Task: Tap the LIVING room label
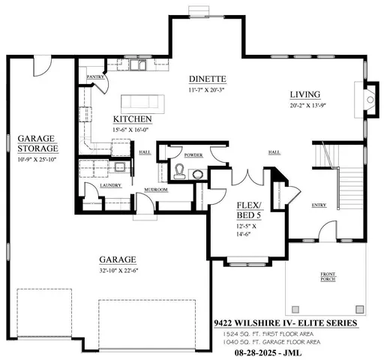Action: (x=306, y=94)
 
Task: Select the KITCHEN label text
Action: (x=133, y=119)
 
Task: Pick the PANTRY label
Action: (x=94, y=77)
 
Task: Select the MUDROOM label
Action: (x=156, y=190)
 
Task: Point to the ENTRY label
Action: (x=319, y=204)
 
